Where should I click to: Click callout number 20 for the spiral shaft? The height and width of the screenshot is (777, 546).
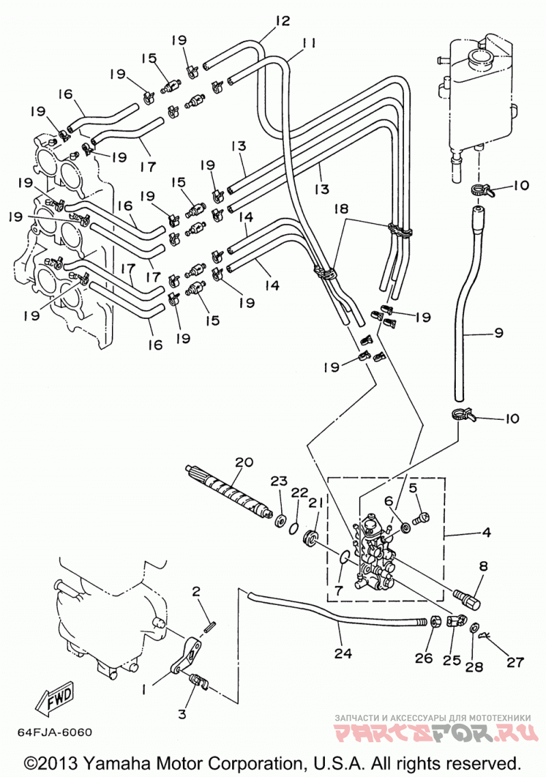point(245,462)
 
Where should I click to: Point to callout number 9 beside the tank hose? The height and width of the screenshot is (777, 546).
point(498,333)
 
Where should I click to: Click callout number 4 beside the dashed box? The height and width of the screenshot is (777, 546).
point(486,532)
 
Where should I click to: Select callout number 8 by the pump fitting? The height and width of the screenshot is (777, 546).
point(483,566)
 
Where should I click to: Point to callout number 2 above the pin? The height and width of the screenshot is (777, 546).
point(196,591)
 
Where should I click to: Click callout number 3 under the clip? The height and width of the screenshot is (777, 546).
point(182,714)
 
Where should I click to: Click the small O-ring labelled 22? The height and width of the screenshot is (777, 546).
point(293,526)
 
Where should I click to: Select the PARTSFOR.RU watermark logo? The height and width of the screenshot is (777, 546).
point(435,732)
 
